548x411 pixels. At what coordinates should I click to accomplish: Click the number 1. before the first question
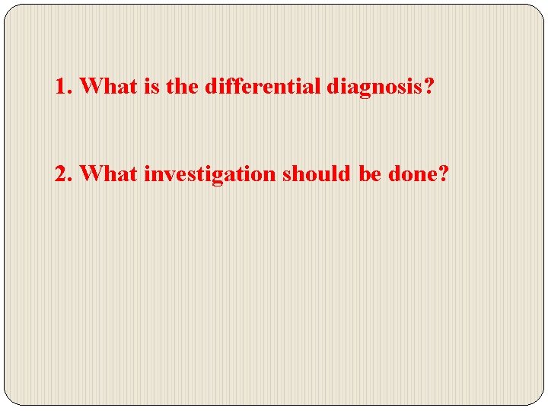[x=63, y=86]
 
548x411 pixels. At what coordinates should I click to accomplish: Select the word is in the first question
[x=151, y=86]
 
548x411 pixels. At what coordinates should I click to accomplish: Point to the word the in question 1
[x=181, y=86]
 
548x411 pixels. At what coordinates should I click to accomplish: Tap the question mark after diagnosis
[x=429, y=86]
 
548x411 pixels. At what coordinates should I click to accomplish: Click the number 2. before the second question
[x=63, y=174]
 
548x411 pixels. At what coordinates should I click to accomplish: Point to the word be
[x=370, y=174]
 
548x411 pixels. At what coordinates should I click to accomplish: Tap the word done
[x=412, y=174]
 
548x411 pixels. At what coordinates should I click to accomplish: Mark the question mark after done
[x=444, y=174]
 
